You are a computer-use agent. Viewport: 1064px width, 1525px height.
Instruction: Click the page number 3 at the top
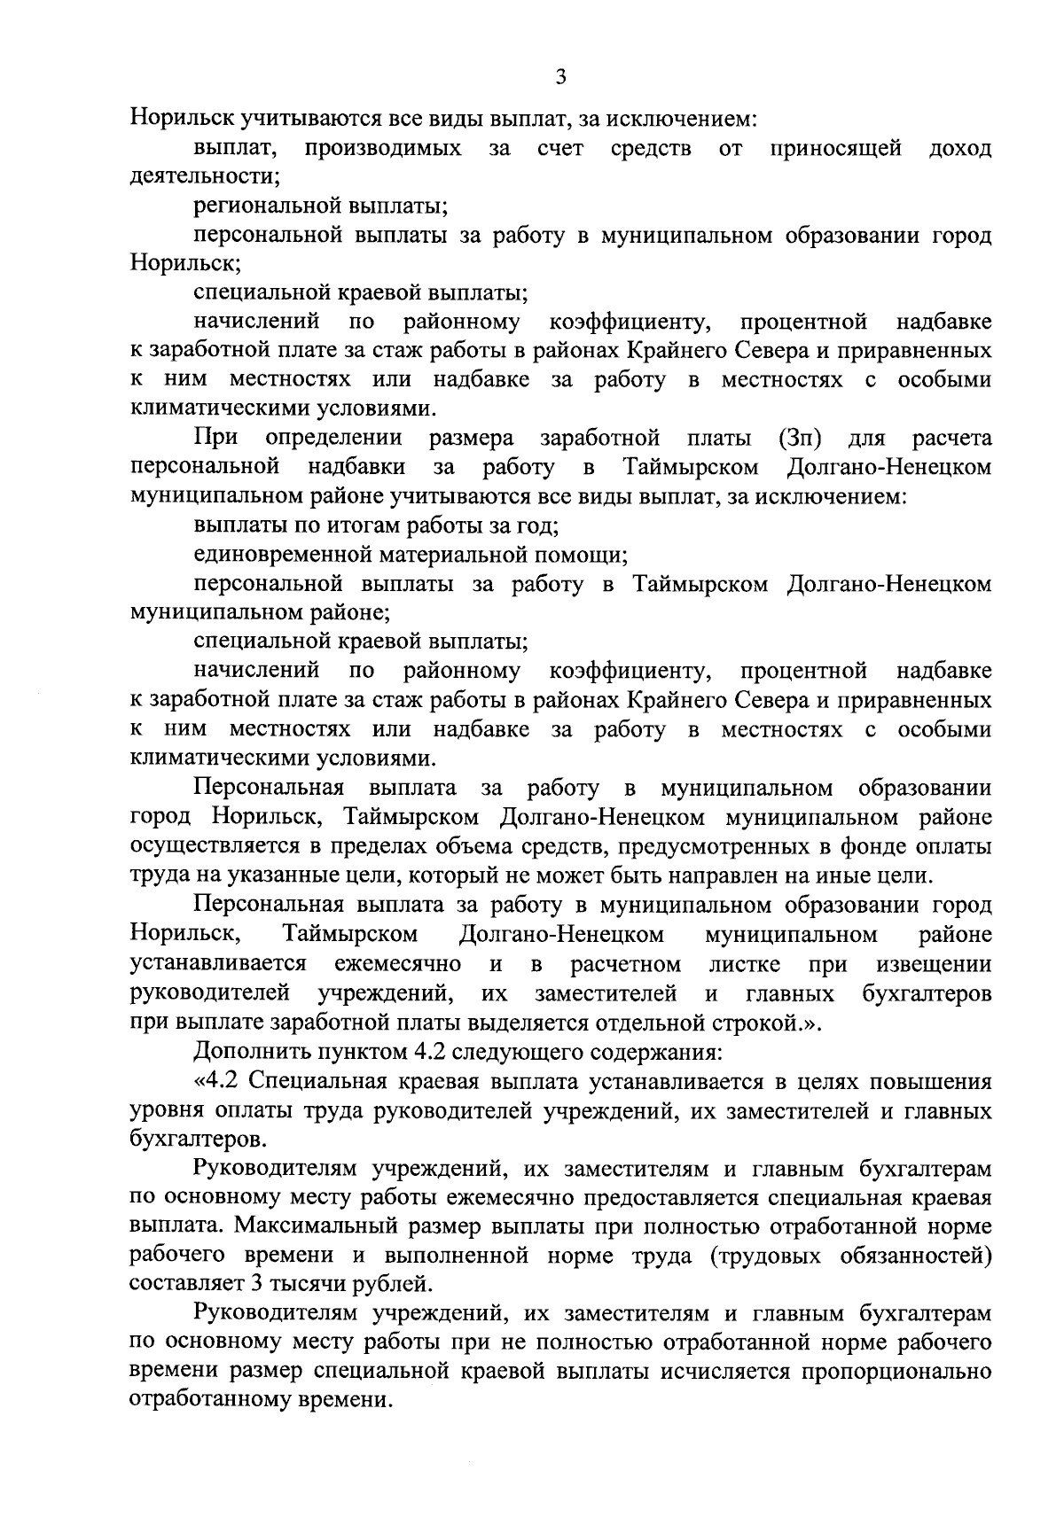pos(559,77)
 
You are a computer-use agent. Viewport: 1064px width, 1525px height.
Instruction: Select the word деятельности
pos(203,177)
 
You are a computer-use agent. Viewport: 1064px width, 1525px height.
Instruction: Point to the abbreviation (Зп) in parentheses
pos(800,439)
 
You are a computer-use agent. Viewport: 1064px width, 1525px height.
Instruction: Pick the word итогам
pos(351,526)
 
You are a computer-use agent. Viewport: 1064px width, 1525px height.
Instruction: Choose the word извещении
pos(934,963)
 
